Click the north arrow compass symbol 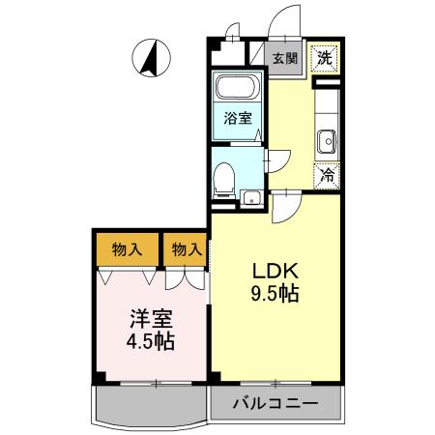[151, 56]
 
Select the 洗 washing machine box [326, 57]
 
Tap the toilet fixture [224, 177]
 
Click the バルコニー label [275, 401]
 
